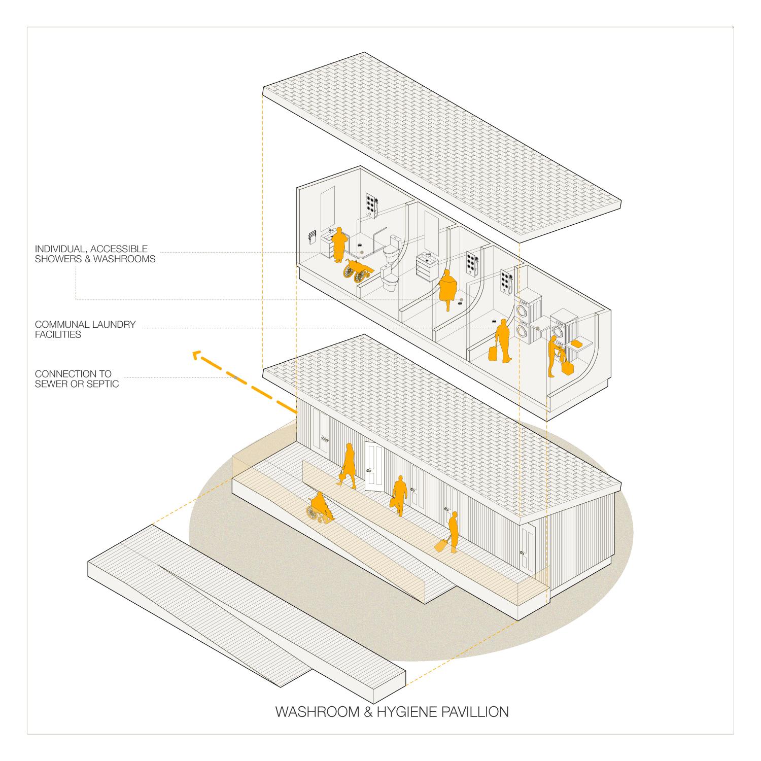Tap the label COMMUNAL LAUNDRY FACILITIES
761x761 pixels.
85,329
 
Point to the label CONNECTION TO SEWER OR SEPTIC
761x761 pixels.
77,379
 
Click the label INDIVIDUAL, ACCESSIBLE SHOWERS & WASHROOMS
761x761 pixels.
95,254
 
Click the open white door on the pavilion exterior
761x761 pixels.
374,466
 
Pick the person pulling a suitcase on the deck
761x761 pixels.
451,532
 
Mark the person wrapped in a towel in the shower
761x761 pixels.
448,289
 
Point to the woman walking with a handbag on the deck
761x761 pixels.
348,465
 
